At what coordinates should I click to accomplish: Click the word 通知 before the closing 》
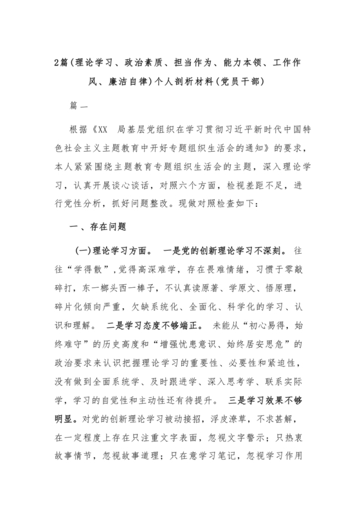pos(269,148)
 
